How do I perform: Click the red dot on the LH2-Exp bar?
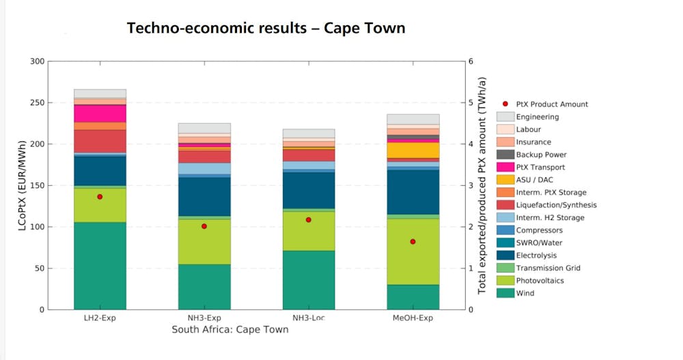point(100,197)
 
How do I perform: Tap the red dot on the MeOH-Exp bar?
point(413,242)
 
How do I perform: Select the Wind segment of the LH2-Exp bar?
point(100,266)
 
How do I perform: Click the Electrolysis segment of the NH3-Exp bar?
point(204,197)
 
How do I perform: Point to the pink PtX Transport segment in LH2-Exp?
point(100,113)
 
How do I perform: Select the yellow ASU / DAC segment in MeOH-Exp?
point(413,150)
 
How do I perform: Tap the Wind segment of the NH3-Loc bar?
point(309,280)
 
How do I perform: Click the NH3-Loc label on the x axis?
point(309,318)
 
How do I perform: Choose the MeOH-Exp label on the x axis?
point(413,318)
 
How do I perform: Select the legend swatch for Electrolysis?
point(505,255)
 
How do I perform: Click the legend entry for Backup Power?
point(541,154)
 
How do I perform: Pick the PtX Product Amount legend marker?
point(505,105)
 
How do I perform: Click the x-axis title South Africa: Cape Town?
point(230,330)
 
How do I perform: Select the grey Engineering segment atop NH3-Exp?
point(204,128)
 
